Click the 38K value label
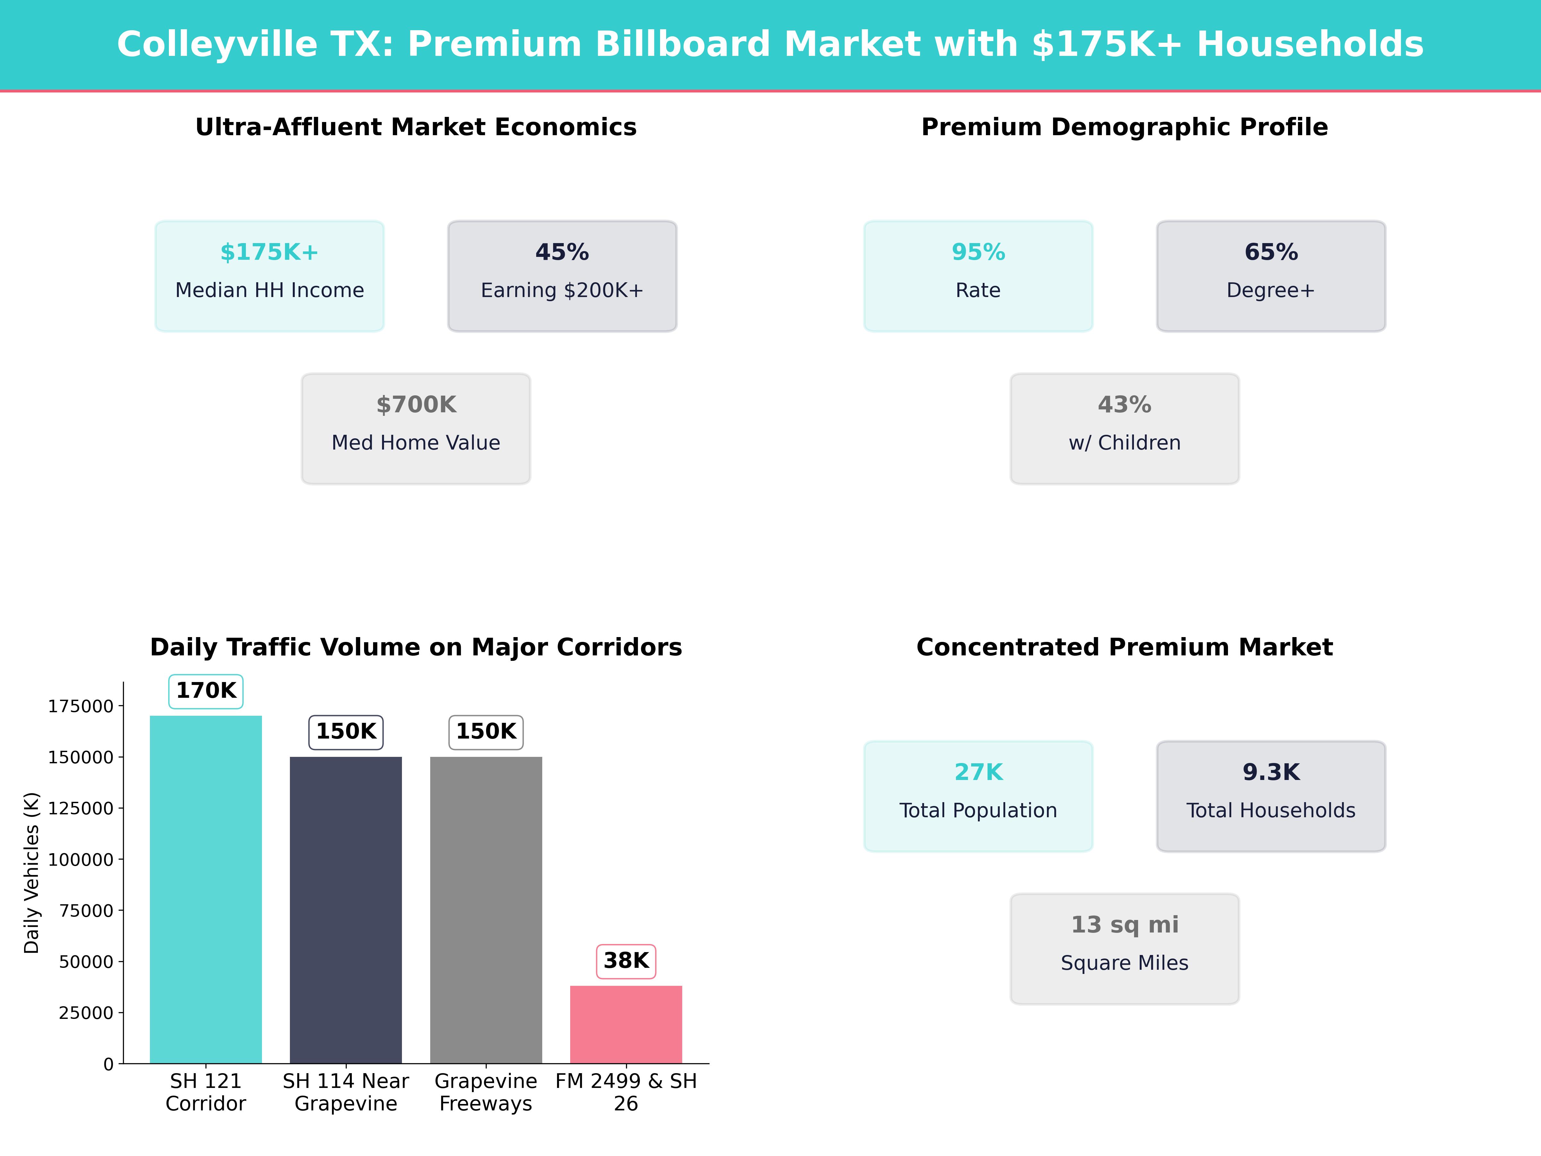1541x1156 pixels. click(626, 961)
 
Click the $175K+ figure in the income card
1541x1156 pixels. click(270, 252)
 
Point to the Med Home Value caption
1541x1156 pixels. click(416, 443)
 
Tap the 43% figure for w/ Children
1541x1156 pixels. click(1124, 405)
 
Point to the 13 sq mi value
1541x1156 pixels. click(1124, 925)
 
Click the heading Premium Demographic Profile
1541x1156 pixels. click(1124, 127)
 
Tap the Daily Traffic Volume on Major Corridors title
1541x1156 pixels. click(416, 647)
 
